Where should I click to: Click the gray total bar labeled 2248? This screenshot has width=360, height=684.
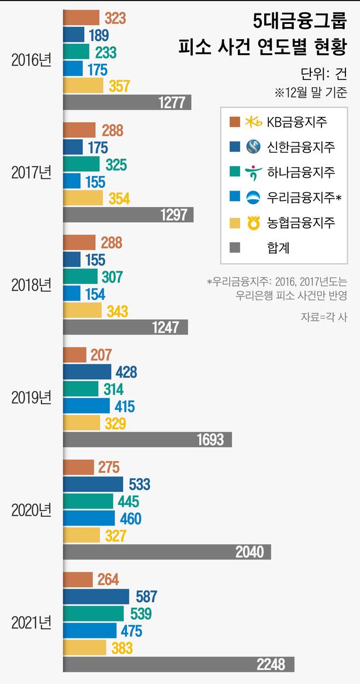pos(178,664)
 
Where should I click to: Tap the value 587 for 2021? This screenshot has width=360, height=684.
pos(146,596)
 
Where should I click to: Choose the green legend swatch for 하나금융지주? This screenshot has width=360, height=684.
pos(235,172)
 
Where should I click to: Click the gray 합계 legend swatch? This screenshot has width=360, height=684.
pos(235,248)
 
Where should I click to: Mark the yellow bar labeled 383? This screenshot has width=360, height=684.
pos(85,647)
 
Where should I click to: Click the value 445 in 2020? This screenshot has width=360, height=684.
pos(129,501)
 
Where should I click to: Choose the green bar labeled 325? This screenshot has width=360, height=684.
pos(81,164)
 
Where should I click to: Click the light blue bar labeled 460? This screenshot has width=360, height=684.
pos(89,518)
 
